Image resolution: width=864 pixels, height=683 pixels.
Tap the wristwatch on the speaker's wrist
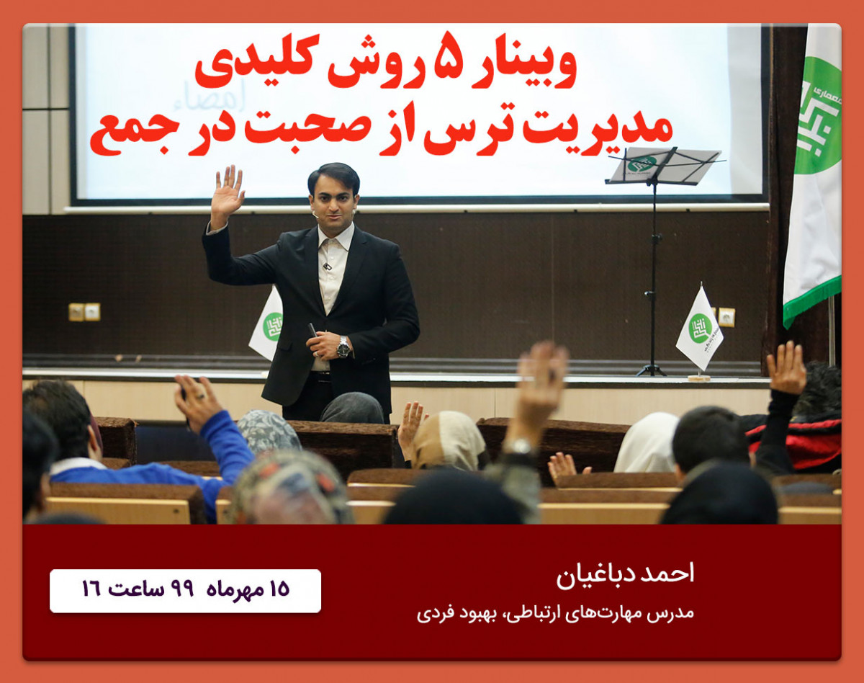click(343, 347)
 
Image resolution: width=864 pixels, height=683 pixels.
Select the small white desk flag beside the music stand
click(698, 328)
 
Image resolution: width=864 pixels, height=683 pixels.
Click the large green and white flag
click(814, 173)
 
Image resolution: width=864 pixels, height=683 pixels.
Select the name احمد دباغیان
click(625, 574)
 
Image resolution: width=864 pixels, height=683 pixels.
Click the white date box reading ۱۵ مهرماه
click(185, 591)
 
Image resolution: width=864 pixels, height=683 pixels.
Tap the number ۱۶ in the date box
click(91, 589)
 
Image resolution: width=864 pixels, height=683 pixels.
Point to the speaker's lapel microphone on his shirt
click(326, 266)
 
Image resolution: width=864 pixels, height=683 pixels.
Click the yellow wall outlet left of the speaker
click(76, 312)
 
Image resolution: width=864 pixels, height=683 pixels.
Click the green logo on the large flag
click(817, 115)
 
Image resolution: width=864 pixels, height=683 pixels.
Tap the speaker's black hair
click(333, 175)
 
